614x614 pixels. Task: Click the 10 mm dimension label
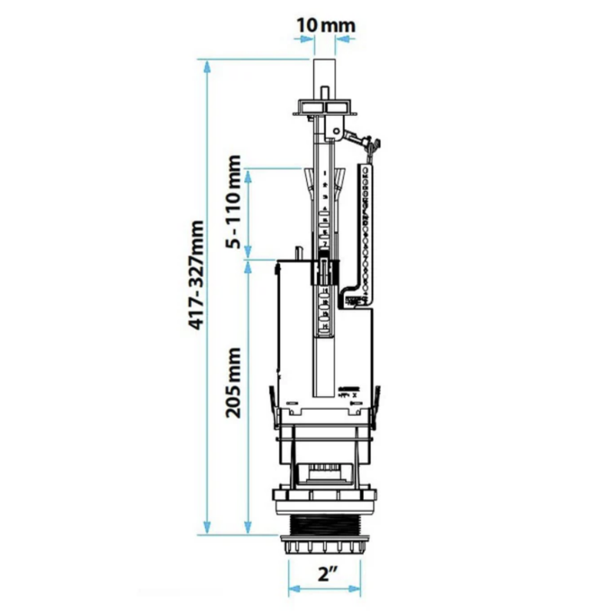pos(325,26)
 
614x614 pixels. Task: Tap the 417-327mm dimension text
pos(196,275)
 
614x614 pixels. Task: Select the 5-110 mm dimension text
pos(233,202)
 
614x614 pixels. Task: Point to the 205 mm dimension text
pos(233,382)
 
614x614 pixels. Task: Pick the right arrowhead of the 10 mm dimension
pos(342,39)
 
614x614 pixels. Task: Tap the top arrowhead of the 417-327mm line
pos(207,67)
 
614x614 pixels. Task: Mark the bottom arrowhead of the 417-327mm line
pos(207,527)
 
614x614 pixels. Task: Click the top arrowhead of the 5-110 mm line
pos(248,177)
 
